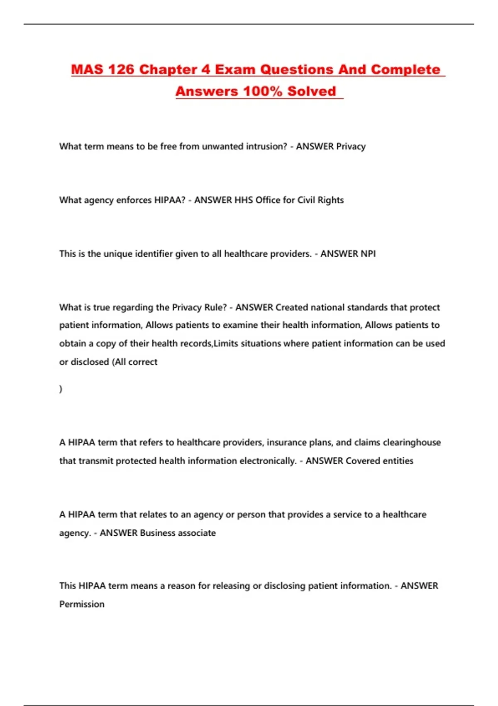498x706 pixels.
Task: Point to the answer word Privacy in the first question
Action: click(351, 146)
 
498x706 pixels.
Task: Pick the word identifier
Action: click(154, 253)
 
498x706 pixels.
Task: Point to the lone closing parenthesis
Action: click(61, 389)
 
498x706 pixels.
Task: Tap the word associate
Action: click(197, 533)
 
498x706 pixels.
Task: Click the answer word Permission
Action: click(82, 604)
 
